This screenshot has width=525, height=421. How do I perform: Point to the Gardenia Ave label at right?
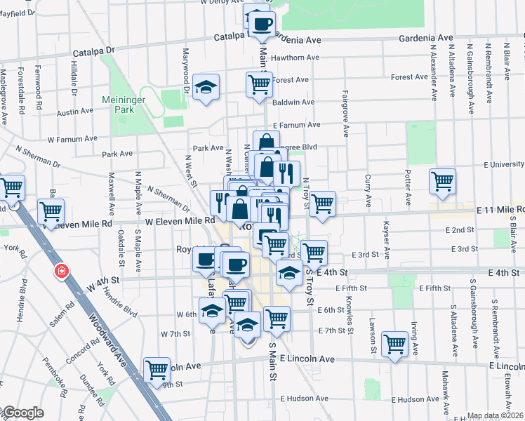point(426,37)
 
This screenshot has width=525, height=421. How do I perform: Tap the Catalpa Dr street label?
point(93,51)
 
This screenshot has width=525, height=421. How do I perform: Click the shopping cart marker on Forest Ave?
point(259,85)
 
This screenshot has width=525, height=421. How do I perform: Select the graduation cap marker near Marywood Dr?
point(206,88)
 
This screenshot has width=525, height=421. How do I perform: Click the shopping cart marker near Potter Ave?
point(442,182)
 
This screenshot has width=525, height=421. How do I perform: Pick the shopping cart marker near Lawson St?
point(395,345)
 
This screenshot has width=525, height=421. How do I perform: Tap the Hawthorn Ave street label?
point(295,58)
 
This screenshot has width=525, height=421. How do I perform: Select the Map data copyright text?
point(495,415)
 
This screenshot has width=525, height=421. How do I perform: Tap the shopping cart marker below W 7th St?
point(157,370)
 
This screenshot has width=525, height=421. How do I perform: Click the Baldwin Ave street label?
point(293,102)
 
